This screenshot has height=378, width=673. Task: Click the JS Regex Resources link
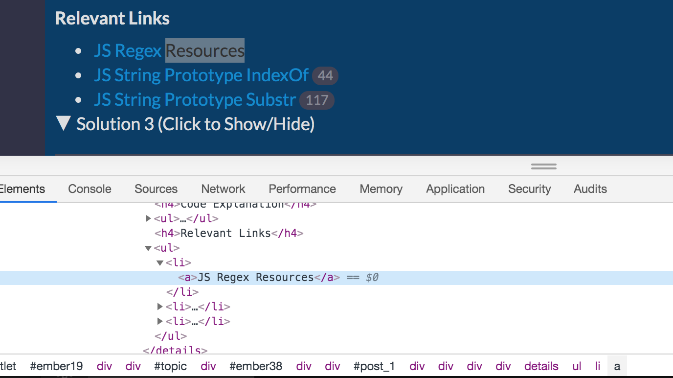point(169,51)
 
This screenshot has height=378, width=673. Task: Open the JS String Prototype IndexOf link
point(201,75)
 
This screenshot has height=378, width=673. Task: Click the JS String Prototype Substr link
point(195,100)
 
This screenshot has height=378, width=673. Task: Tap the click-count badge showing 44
point(325,76)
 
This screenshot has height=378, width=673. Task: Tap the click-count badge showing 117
point(317,100)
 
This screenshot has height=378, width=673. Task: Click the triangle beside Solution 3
point(64,123)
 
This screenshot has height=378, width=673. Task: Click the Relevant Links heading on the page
point(112,19)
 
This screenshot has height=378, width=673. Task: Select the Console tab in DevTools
point(90,189)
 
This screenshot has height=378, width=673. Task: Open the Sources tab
point(156,189)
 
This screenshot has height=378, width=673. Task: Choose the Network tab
point(223,189)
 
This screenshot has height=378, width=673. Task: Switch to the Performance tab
point(302,189)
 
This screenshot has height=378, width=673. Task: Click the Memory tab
point(381,189)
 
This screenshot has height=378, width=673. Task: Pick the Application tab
point(455,189)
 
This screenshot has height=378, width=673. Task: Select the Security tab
point(529,189)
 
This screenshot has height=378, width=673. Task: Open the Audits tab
point(590,189)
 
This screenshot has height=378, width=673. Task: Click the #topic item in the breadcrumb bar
point(170,366)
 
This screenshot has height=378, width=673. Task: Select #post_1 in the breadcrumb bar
point(374,366)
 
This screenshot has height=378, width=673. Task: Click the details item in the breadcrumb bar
point(541,366)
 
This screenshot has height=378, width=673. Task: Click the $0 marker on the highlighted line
point(372,278)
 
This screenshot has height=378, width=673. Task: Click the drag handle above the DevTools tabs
point(544,166)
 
